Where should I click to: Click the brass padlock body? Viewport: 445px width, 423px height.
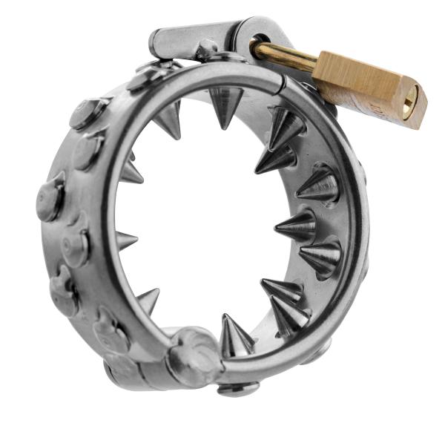tap(371, 90)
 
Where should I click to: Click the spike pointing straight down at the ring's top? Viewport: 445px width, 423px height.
tap(226, 104)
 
